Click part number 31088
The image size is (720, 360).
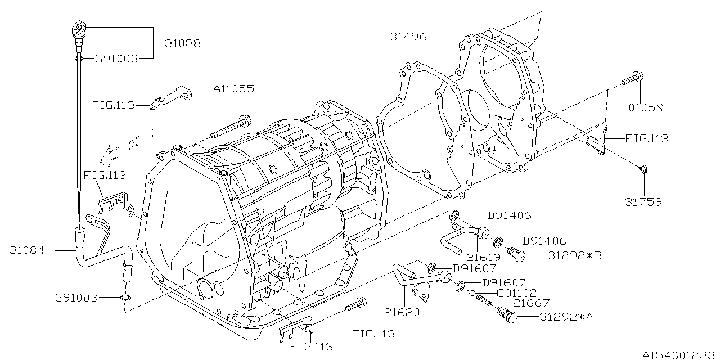coord(183,43)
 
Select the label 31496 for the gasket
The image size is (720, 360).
coord(408,37)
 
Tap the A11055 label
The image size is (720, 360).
coord(233,88)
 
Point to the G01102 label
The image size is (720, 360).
coord(516,293)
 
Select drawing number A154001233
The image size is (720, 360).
coord(678,354)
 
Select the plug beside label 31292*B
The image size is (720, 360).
coord(516,255)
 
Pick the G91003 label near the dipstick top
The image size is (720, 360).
coord(116,58)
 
